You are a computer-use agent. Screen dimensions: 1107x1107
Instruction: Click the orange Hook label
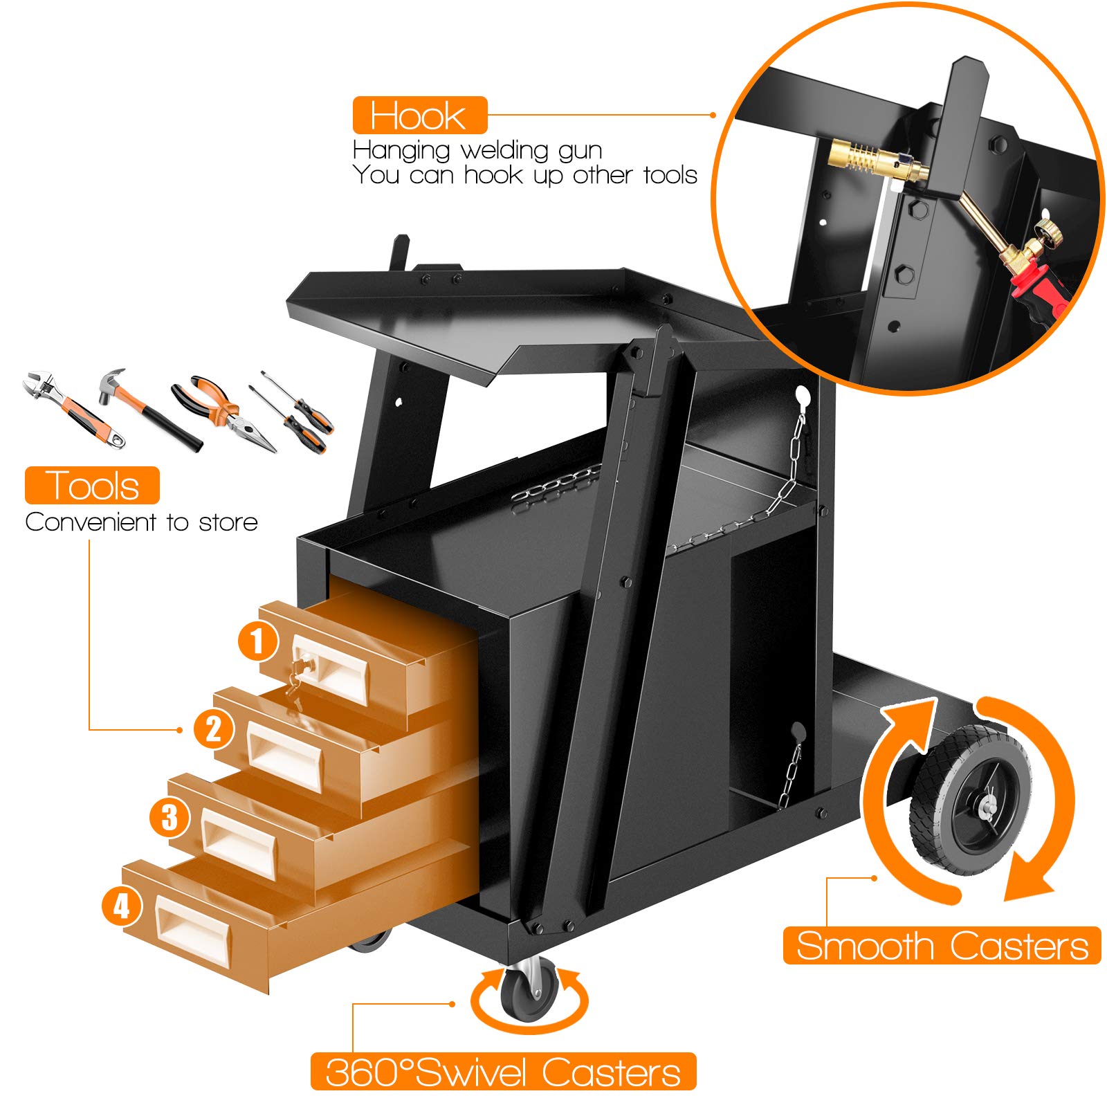(420, 116)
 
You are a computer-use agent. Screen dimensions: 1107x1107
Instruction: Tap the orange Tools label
(92, 485)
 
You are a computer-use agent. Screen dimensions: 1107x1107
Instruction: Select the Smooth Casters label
(942, 945)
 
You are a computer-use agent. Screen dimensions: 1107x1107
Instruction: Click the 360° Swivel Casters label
(503, 1072)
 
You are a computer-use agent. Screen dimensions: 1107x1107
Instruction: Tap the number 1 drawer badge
(258, 641)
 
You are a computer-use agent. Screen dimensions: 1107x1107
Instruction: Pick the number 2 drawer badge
(214, 729)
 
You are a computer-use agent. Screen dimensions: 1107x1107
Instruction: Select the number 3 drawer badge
(170, 817)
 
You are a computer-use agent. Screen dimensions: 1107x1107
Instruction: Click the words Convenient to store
(141, 522)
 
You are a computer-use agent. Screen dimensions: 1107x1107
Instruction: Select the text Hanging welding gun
(477, 150)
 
